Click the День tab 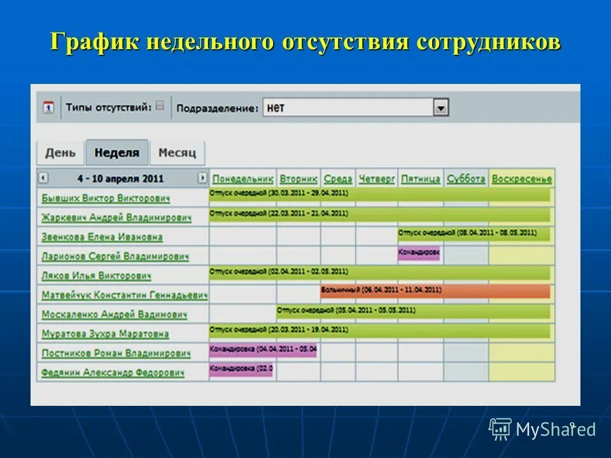(60, 153)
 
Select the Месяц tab (177, 153)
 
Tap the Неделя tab (116, 153)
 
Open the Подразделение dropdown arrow (441, 108)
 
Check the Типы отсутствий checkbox (160, 106)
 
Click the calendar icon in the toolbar (48, 108)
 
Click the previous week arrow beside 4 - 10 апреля (43, 178)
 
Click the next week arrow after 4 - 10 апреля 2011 (202, 178)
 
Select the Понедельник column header (242, 179)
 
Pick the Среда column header (337, 179)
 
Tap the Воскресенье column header (521, 179)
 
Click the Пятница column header (420, 179)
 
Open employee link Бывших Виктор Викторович (106, 198)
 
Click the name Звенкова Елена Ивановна (102, 237)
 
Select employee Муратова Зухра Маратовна (105, 334)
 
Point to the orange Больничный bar (435, 291)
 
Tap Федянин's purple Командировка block (241, 370)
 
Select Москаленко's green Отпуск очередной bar (414, 311)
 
